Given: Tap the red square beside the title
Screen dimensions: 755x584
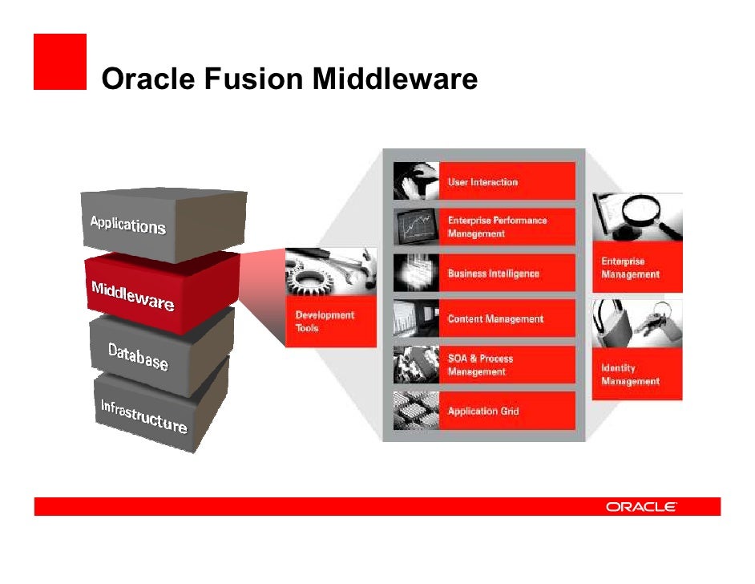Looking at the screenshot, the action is point(59,62).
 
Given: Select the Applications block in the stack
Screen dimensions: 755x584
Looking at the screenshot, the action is point(128,224).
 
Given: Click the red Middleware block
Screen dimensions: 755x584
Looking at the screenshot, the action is point(133,295).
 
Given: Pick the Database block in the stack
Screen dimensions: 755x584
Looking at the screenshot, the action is point(138,357).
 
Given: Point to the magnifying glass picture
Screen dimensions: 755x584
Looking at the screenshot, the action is point(637,217).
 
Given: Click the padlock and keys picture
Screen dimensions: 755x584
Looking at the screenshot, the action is point(637,323).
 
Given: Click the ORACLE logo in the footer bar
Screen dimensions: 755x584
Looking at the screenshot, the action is point(641,507).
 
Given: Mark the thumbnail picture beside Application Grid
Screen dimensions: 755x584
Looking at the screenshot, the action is point(416,411).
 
